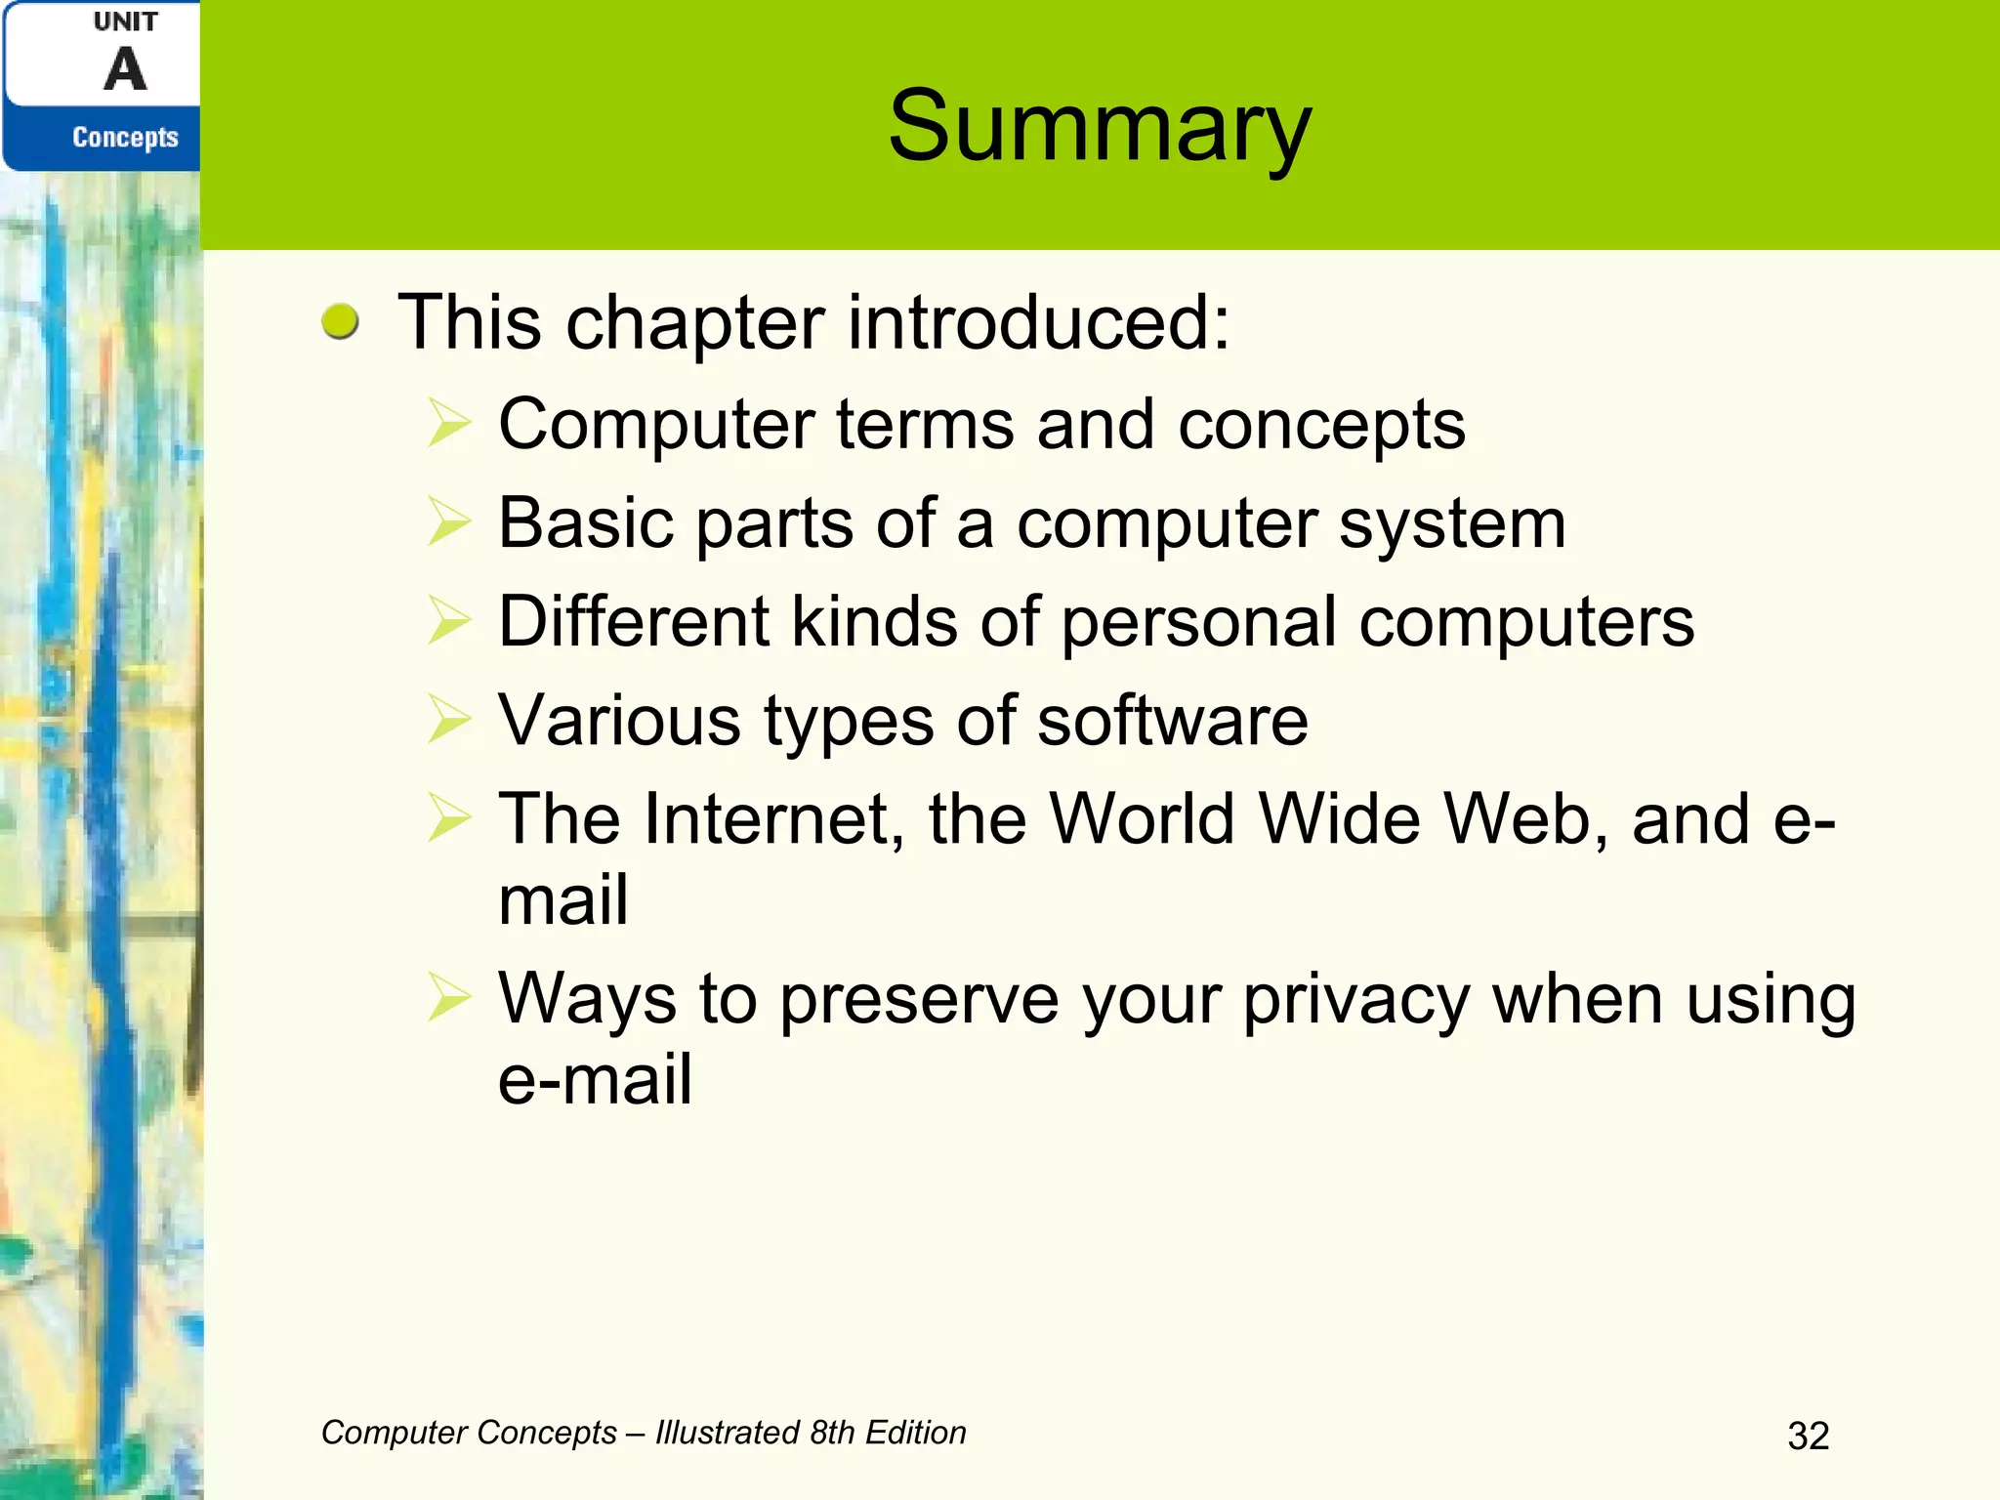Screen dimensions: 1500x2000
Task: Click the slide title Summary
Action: point(1100,127)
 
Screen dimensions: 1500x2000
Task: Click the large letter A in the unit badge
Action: point(126,70)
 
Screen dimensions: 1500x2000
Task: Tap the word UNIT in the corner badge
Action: point(126,21)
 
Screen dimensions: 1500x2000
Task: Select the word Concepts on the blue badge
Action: point(126,138)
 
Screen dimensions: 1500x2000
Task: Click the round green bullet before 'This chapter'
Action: point(340,321)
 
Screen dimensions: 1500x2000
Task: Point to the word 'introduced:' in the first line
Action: point(1038,322)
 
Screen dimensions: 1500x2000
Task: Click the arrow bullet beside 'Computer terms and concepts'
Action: point(449,425)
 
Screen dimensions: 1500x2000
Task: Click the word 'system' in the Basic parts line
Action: point(1452,524)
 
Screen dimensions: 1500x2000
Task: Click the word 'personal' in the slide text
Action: point(1198,623)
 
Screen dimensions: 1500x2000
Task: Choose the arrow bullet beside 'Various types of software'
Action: point(449,720)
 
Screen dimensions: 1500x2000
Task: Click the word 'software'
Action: point(1172,721)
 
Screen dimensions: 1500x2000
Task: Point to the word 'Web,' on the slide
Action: point(1526,819)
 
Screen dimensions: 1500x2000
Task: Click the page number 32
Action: point(1808,1436)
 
